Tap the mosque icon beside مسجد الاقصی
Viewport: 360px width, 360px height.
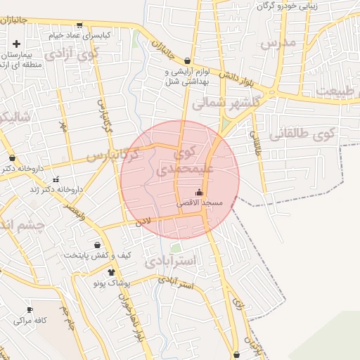tap(199, 192)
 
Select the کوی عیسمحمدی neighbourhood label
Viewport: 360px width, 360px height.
tap(183, 160)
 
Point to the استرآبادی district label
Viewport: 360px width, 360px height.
tap(172, 262)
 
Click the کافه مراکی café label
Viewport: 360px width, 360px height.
tap(30, 320)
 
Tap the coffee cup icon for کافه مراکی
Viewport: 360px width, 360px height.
tap(30, 309)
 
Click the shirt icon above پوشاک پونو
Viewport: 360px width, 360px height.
tap(111, 271)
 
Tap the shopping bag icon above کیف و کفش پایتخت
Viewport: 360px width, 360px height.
tap(98, 245)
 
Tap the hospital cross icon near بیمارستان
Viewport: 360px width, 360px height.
tap(16, 44)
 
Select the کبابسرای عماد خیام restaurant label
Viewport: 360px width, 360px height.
tap(77, 34)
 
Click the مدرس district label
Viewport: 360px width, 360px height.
tap(278, 44)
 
